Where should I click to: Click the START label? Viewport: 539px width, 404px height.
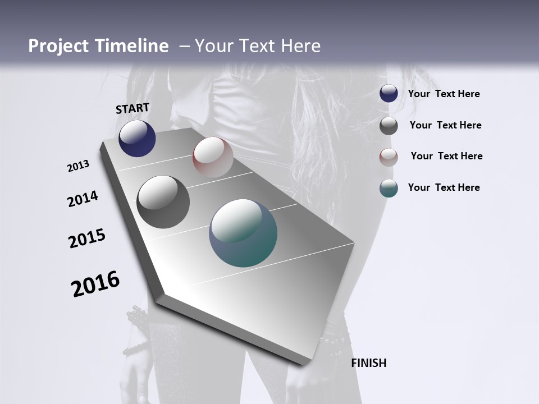[x=133, y=108]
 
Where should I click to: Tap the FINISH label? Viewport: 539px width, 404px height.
[x=368, y=363]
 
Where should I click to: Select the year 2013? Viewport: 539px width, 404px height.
[x=78, y=166]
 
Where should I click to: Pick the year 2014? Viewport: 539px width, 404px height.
[x=83, y=199]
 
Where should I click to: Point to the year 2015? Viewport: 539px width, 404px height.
[x=86, y=238]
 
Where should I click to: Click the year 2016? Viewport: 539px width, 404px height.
[x=95, y=284]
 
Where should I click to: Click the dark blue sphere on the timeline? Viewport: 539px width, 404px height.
[x=137, y=138]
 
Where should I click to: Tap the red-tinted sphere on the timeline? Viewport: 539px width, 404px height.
[x=213, y=157]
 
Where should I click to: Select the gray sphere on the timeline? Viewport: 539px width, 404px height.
[x=163, y=202]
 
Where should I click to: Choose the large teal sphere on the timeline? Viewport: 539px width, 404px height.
[x=243, y=233]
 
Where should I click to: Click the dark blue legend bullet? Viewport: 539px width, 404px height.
[x=389, y=94]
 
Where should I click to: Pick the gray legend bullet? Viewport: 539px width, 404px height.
[x=389, y=126]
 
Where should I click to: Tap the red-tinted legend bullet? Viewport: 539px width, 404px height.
[x=389, y=157]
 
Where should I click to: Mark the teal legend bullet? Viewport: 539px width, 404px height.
[x=389, y=188]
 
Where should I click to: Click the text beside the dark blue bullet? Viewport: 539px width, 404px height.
[x=444, y=94]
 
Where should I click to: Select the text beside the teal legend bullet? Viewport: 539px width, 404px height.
[x=444, y=187]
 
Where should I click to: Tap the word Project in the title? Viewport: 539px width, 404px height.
[x=58, y=46]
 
